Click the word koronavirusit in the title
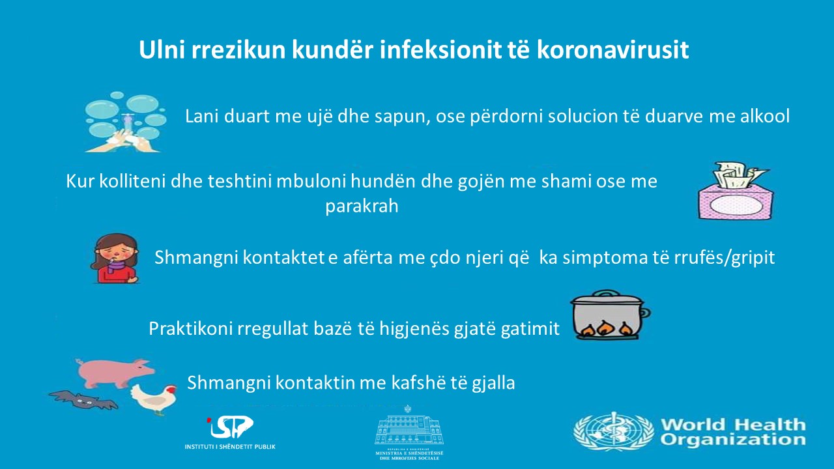612,50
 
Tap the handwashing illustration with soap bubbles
126,122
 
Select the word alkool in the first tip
765,116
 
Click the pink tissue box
736,191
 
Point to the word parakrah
362,206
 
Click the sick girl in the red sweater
115,259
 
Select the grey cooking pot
610,315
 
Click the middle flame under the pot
604,328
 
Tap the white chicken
154,399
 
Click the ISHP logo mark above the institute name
230,427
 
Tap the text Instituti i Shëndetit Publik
230,447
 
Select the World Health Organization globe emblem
613,431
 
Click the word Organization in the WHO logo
733,440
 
